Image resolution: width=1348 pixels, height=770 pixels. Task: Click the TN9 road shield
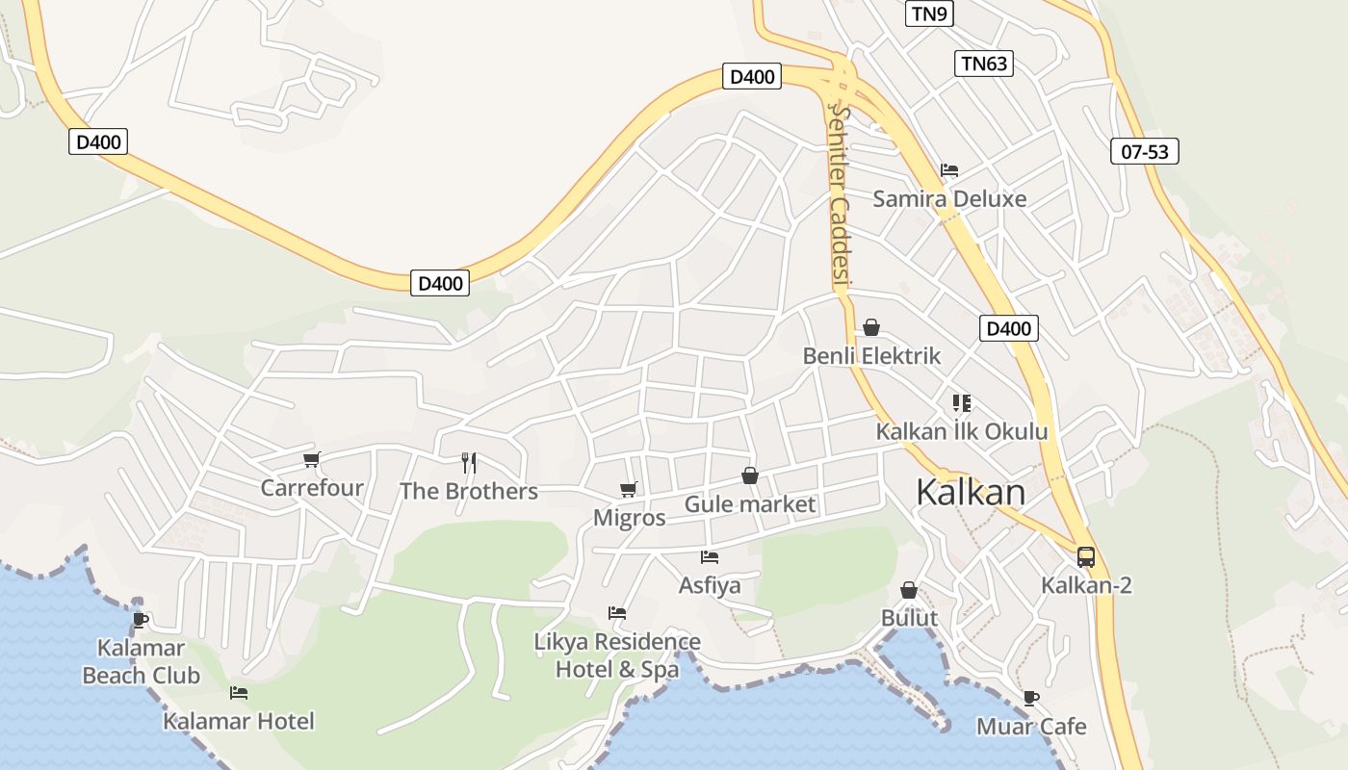tap(928, 13)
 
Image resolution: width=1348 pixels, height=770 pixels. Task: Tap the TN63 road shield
tap(984, 64)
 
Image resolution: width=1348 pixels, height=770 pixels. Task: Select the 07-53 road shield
tap(1144, 151)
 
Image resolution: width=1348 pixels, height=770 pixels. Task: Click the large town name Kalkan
tap(971, 492)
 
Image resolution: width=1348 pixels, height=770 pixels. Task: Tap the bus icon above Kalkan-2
tap(1085, 556)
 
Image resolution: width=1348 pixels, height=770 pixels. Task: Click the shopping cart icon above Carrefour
tap(311, 459)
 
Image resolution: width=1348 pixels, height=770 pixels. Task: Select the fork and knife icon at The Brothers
tap(469, 463)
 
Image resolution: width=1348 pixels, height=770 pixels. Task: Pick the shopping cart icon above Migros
tap(629, 489)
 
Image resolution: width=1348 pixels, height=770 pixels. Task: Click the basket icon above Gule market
tap(750, 475)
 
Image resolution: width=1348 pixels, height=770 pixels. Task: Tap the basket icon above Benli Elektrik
tap(871, 327)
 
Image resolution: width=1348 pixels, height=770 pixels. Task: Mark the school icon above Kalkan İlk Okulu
tap(961, 402)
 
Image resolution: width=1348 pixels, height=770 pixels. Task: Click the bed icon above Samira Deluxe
tap(949, 170)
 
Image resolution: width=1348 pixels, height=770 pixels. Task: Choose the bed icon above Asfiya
tap(710, 557)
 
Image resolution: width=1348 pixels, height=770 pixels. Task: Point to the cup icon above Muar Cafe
tap(1031, 698)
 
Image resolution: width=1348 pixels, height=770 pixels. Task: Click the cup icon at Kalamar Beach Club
tap(141, 619)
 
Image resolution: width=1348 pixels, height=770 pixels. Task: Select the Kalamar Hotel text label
tap(239, 721)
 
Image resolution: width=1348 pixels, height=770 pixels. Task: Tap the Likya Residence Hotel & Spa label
tap(618, 655)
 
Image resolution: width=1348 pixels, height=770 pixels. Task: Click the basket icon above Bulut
tap(909, 590)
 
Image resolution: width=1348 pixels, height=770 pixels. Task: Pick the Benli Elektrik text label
tap(871, 356)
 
